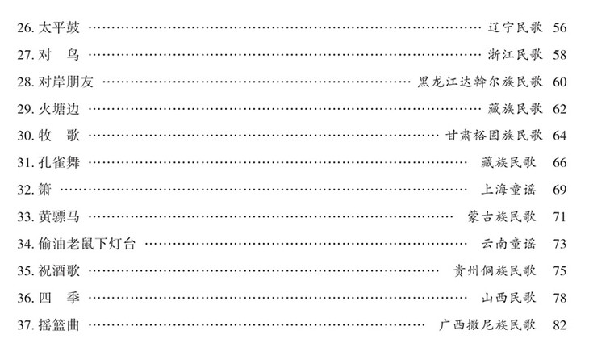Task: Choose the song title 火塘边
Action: (61, 108)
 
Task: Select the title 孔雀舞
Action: (61, 162)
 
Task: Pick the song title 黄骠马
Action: (61, 216)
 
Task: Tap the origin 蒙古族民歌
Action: (505, 216)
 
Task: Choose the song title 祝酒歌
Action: (61, 270)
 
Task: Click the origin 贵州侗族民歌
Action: (500, 270)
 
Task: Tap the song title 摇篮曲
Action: (61, 324)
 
